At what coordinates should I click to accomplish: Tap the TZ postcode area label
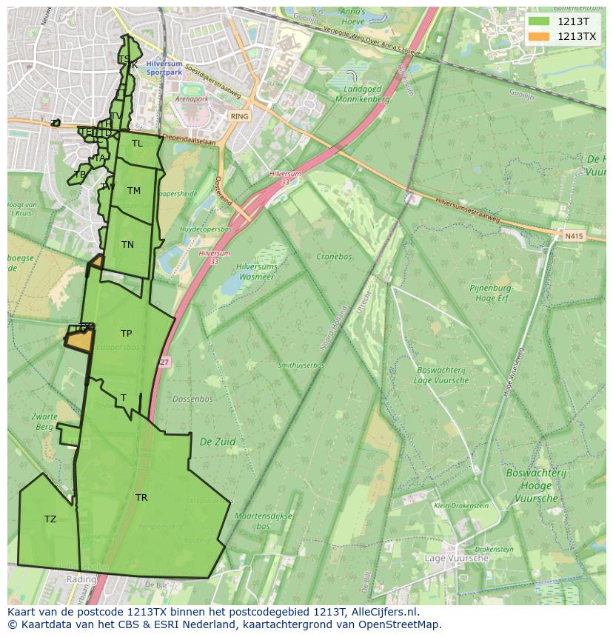click(50, 519)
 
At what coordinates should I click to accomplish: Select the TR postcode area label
click(141, 498)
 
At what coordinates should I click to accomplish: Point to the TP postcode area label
click(126, 334)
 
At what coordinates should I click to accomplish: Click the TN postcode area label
click(127, 245)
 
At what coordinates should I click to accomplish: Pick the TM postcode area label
click(133, 191)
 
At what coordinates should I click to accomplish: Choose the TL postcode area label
click(137, 144)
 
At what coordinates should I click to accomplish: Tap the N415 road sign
click(573, 236)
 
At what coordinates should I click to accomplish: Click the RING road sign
click(239, 117)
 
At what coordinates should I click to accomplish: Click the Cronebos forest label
click(334, 257)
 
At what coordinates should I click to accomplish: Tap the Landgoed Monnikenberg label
click(362, 93)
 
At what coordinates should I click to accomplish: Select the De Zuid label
click(218, 442)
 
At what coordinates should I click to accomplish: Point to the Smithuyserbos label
click(301, 365)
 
